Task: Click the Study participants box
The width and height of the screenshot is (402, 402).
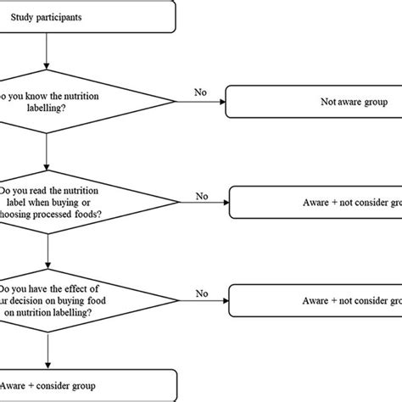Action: click(x=85, y=15)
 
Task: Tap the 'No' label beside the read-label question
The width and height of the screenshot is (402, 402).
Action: click(x=201, y=197)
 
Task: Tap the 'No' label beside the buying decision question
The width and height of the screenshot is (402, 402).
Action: click(x=201, y=293)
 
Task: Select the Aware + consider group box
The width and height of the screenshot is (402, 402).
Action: click(x=85, y=385)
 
